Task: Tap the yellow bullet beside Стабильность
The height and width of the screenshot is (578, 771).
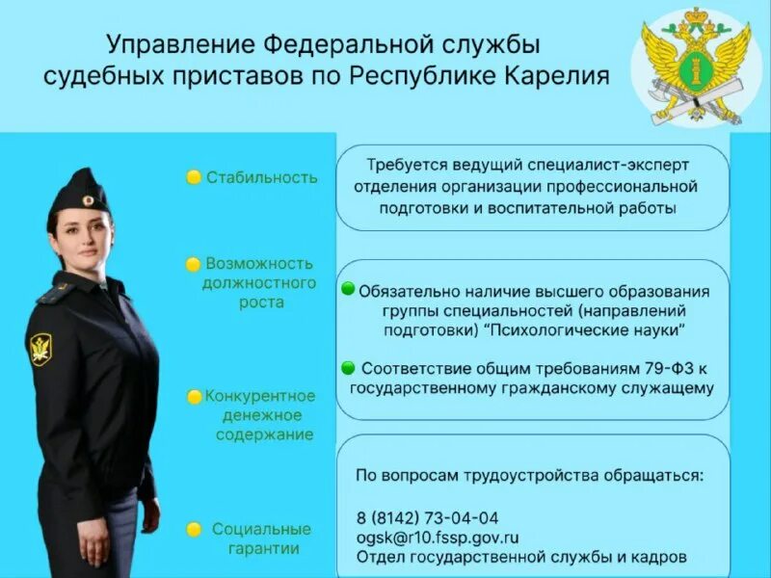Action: point(194,177)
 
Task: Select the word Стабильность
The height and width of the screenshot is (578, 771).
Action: point(261,177)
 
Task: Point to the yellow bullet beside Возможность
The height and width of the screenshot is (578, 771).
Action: point(194,263)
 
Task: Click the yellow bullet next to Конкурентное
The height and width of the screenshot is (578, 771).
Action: point(195,396)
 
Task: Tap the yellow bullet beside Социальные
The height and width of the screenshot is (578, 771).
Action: point(194,530)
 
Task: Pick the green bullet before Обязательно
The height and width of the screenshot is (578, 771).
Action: point(347,289)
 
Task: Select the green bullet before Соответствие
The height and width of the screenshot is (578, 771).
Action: point(347,367)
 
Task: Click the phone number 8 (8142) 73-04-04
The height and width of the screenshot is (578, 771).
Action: point(427,516)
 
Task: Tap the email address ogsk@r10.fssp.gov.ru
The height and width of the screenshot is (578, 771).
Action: point(438,537)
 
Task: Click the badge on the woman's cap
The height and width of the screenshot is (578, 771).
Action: point(87,199)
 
